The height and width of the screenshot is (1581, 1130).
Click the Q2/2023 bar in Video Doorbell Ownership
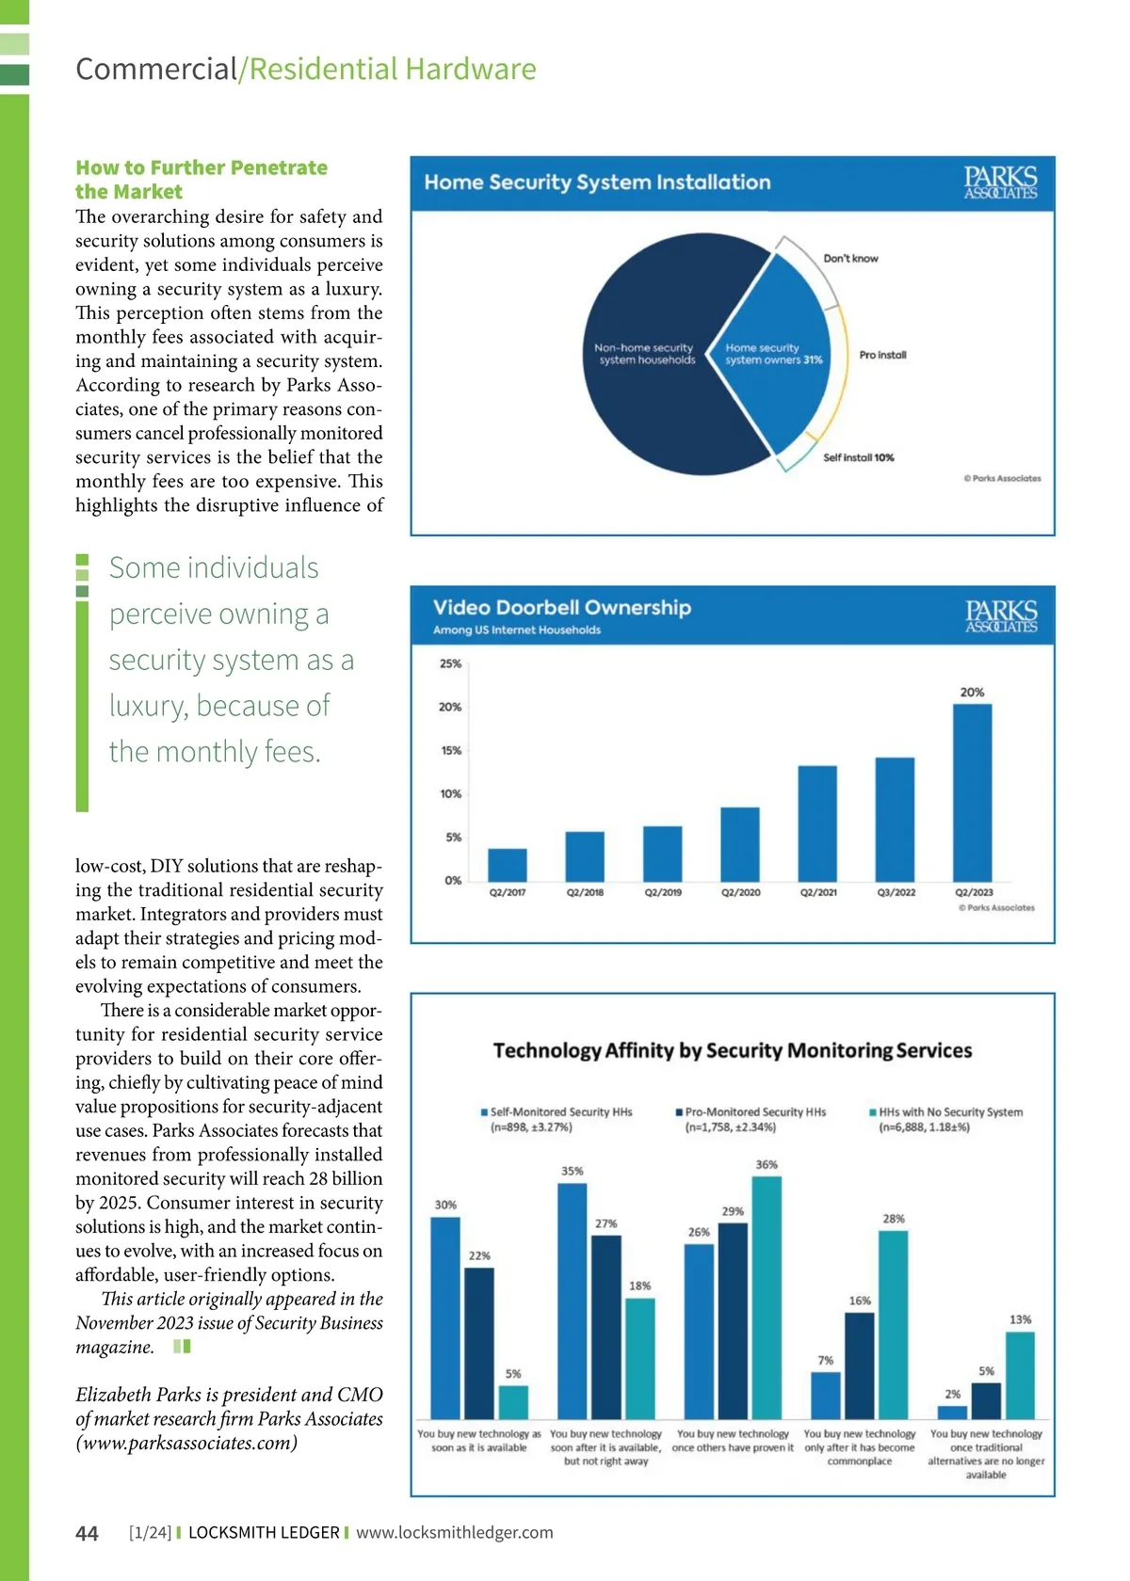tap(972, 791)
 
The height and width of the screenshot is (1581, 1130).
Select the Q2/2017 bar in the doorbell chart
tap(508, 864)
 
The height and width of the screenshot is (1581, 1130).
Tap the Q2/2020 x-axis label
tap(741, 892)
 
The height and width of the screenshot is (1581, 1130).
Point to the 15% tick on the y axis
tap(451, 751)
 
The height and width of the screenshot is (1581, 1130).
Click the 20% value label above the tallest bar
tap(972, 693)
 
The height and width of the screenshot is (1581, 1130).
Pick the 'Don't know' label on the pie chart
tap(850, 259)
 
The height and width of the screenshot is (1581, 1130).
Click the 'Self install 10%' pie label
tap(858, 458)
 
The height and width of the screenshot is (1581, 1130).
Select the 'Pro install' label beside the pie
tap(882, 356)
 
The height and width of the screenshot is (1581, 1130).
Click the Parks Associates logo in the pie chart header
tap(1000, 183)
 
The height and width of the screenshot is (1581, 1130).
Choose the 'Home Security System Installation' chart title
tap(597, 183)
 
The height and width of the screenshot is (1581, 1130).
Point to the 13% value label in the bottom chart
tap(1020, 1319)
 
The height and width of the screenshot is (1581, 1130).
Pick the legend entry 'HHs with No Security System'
tap(950, 1112)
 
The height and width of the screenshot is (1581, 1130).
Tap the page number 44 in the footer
tap(87, 1534)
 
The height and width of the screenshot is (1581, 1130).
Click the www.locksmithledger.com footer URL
tap(454, 1533)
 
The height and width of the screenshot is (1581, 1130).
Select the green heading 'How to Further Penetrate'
tap(202, 168)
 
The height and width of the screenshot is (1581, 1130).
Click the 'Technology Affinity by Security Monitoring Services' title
tap(733, 1050)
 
